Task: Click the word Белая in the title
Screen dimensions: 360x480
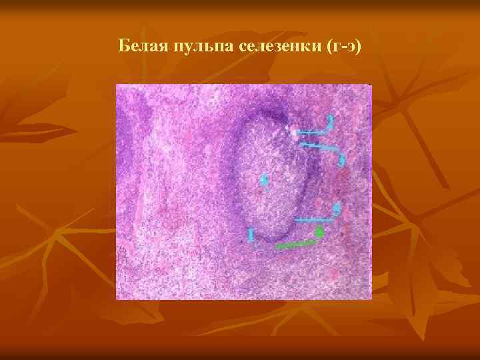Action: point(142,46)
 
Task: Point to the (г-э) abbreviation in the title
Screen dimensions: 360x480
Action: point(340,46)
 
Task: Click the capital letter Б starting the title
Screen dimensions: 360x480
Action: point(124,46)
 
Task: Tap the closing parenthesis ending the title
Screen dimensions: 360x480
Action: point(357,46)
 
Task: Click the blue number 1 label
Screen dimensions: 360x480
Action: point(251,235)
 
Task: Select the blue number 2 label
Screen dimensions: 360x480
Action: point(329,123)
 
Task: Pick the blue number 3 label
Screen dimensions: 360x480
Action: point(341,160)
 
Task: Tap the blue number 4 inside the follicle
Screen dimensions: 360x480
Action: point(264,180)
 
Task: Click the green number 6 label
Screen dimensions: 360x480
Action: point(319,233)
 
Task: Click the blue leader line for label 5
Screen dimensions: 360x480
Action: point(313,219)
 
